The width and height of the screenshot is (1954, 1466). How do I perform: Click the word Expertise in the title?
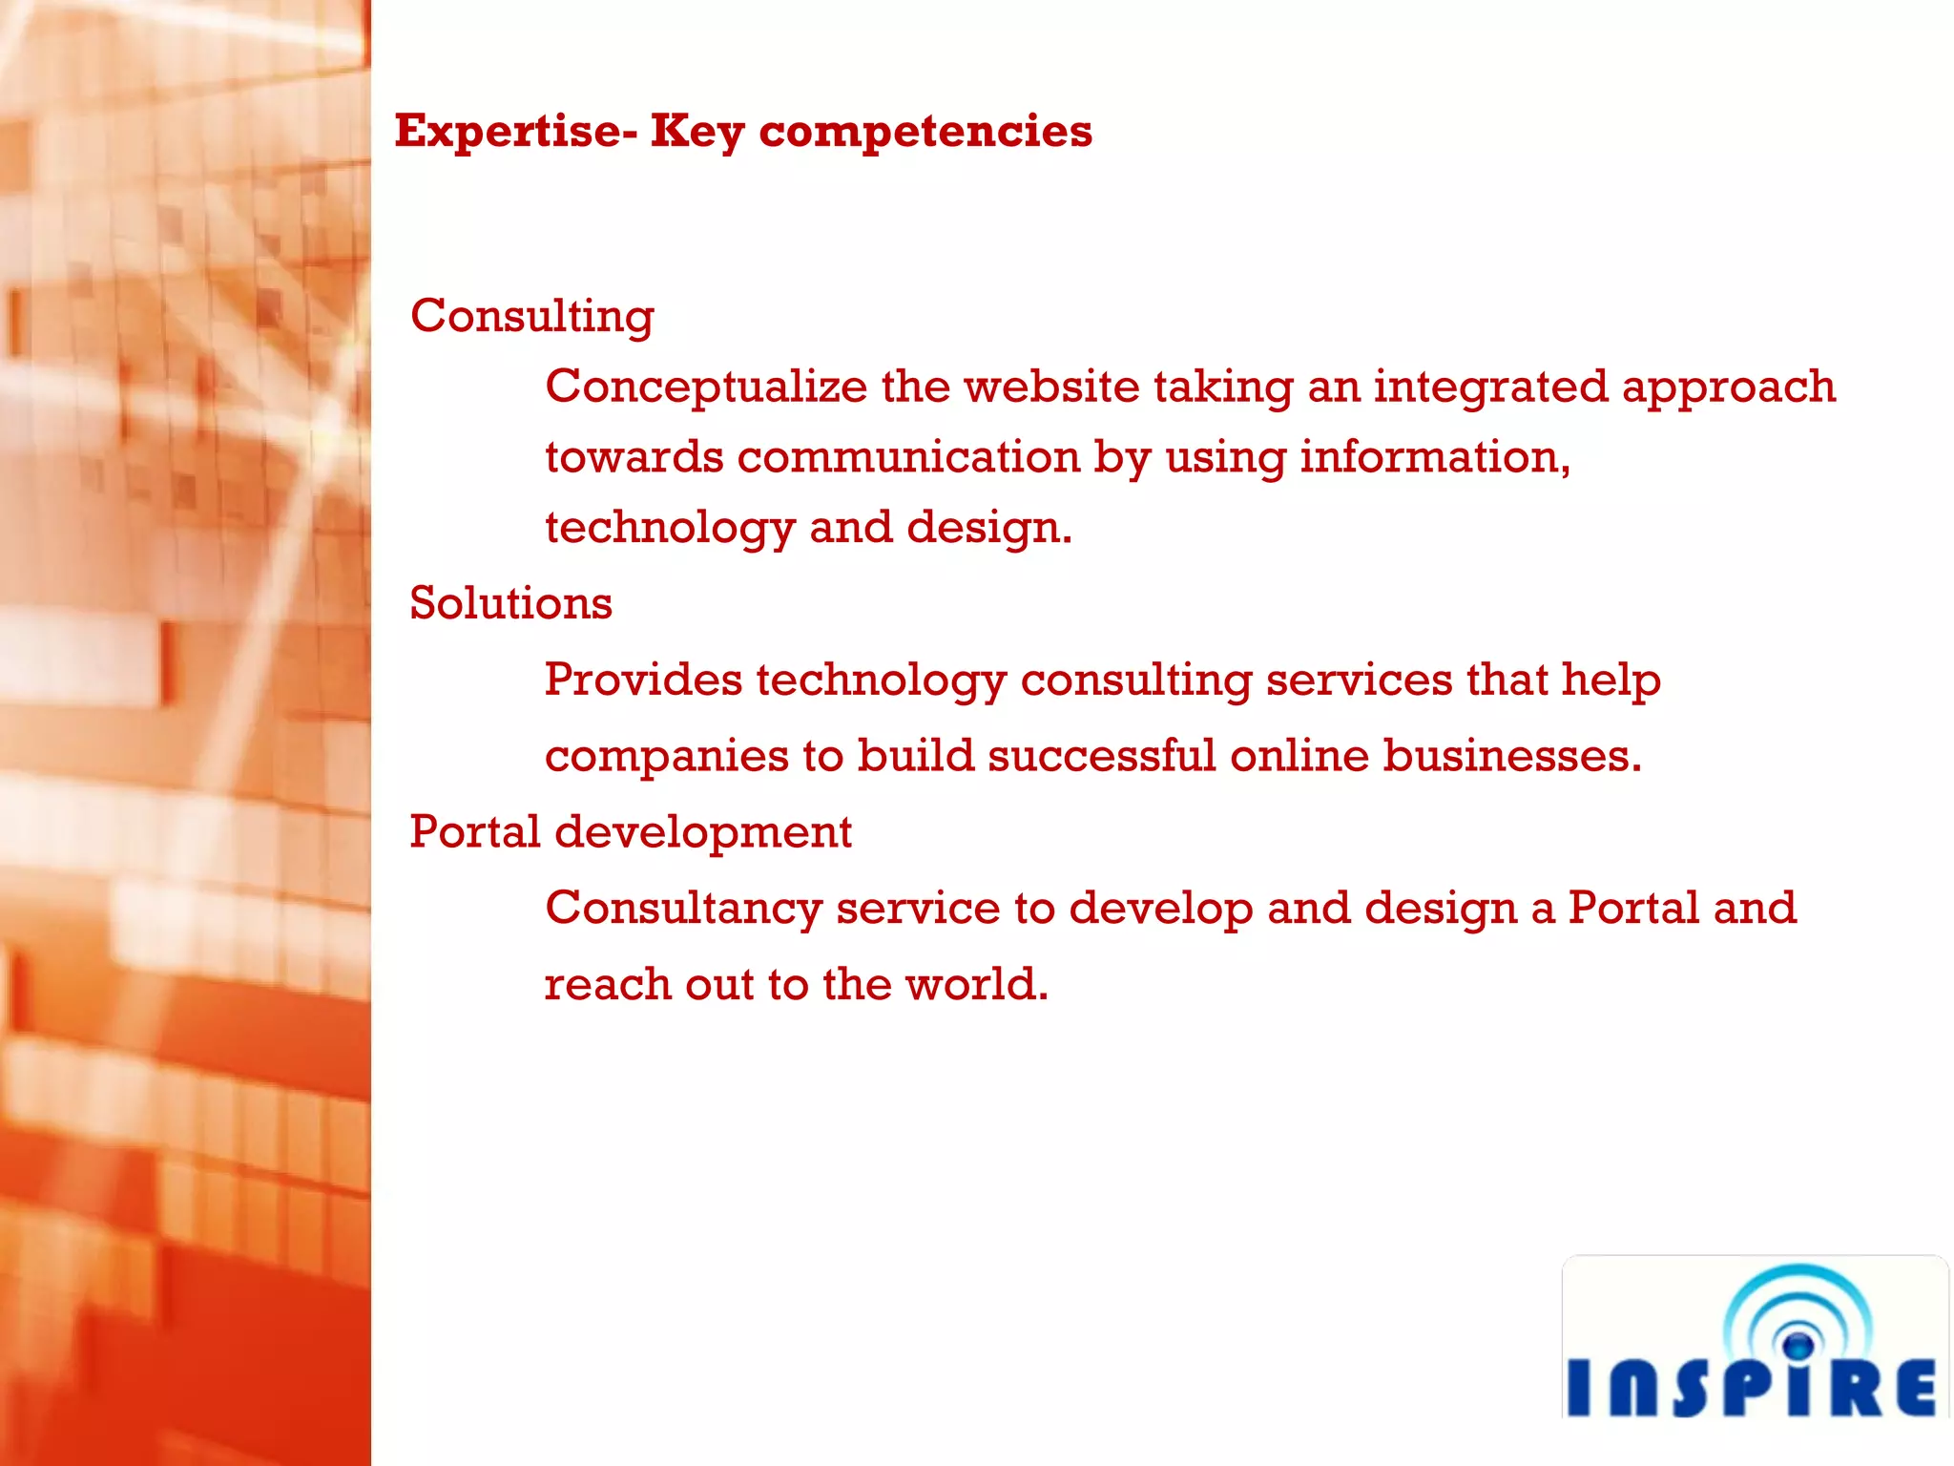coord(509,132)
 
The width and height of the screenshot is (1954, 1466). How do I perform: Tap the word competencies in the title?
coord(925,132)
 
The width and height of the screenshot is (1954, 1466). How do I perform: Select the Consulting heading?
coord(531,316)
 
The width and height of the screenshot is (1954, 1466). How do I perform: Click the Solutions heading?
coord(510,603)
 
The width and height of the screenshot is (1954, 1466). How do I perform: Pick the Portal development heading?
coord(630,831)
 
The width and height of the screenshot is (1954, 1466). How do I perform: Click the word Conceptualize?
coord(706,387)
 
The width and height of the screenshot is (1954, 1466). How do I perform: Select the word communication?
coord(907,457)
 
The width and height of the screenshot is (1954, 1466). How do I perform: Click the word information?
coord(1434,457)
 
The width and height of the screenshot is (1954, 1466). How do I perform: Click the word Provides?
coord(643,680)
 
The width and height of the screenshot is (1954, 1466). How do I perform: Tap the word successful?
coord(1101,756)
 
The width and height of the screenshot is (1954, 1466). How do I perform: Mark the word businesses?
coord(1511,756)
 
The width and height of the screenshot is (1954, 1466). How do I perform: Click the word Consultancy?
coord(683,908)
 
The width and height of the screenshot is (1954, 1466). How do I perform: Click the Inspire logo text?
coord(1752,1389)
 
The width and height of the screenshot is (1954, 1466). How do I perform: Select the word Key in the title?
coord(696,132)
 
